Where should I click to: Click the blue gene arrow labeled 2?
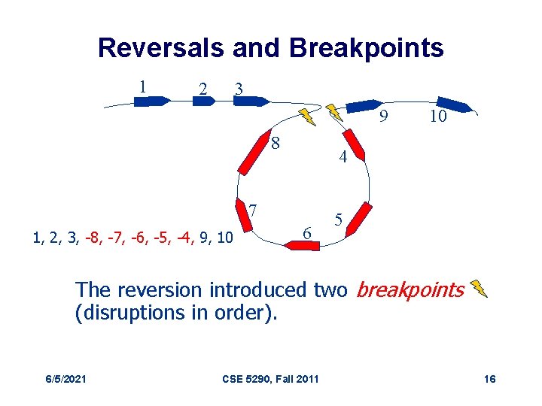click(204, 101)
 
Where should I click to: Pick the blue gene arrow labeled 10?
click(454, 105)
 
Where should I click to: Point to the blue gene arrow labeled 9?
click(364, 105)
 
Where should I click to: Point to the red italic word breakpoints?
click(410, 289)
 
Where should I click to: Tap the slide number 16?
click(489, 378)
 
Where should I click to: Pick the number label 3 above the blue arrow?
click(239, 88)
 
